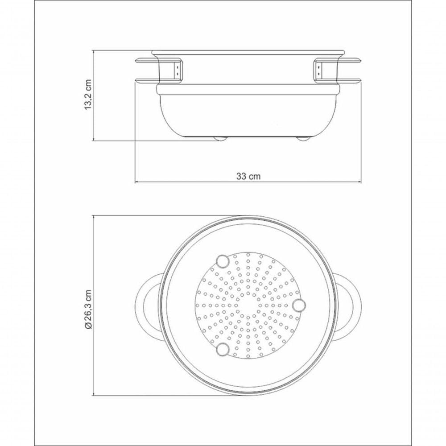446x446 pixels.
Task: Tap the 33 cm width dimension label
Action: pyautogui.click(x=248, y=176)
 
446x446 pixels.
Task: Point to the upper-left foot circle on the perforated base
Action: pyautogui.click(x=223, y=261)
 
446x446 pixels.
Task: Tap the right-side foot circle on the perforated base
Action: pyautogui.click(x=299, y=305)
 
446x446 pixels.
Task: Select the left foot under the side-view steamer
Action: pyautogui.click(x=220, y=139)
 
